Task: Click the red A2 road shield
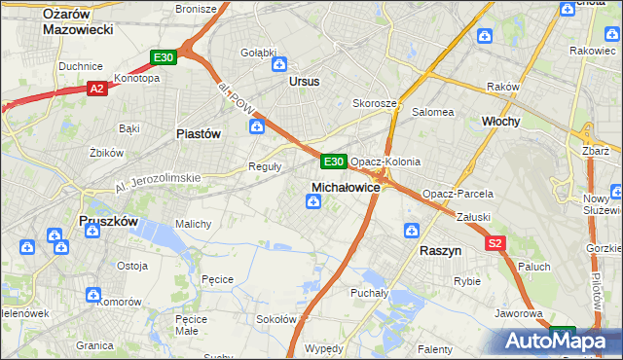pyautogui.click(x=96, y=89)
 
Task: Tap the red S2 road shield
pyautogui.click(x=495, y=243)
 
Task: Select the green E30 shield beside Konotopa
pyautogui.click(x=164, y=57)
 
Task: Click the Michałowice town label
pyautogui.click(x=345, y=186)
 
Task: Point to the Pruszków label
pyautogui.click(x=107, y=222)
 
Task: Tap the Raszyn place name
pyautogui.click(x=440, y=250)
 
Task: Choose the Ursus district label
pyautogui.click(x=304, y=82)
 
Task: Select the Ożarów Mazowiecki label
pyautogui.click(x=79, y=21)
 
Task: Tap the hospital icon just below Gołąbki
pyautogui.click(x=279, y=65)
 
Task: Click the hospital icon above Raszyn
pyautogui.click(x=412, y=231)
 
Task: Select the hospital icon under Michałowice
pyautogui.click(x=313, y=201)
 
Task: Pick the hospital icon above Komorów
pyautogui.click(x=93, y=294)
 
